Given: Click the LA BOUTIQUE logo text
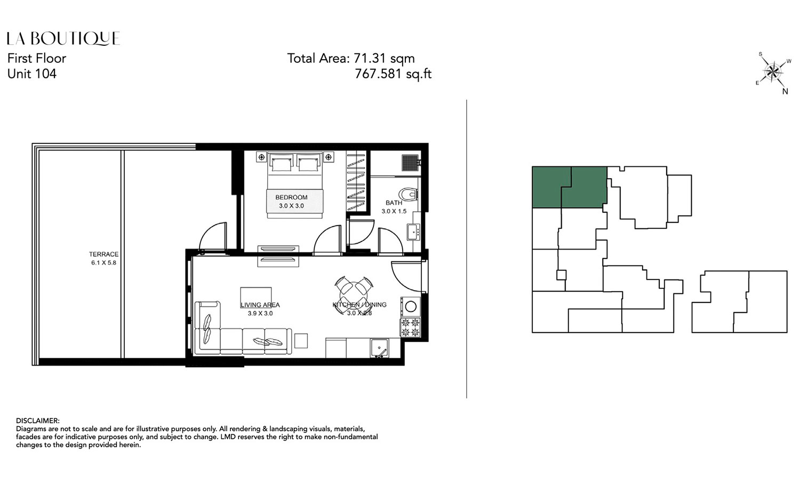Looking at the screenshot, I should coord(63,38).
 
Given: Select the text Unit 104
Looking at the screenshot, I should coord(32,74).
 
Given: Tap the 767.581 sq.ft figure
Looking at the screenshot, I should coord(393,74).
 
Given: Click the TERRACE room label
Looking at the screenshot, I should coord(103,255).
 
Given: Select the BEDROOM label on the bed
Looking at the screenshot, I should coord(291,197).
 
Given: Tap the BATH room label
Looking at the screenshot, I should coord(394,203).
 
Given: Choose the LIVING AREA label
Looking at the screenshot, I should coord(260,305).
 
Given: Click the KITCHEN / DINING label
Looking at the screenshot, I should coord(359,305).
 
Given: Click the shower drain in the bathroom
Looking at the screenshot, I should coord(410,162).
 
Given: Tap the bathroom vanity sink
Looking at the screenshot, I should coord(413,232).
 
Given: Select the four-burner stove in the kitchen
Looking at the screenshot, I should coord(410,327).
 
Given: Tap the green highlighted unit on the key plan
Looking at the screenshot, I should coord(569,187).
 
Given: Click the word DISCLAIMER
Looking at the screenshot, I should coord(38,421).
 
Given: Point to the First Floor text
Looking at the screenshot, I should coord(37,58).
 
